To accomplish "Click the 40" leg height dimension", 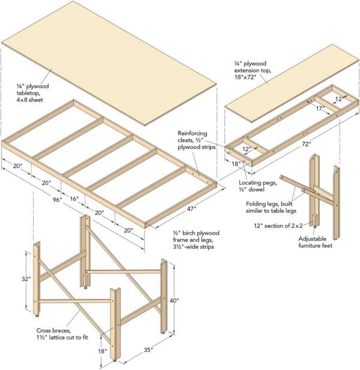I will coord(174,300).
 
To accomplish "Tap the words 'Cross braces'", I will coord(52,330).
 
